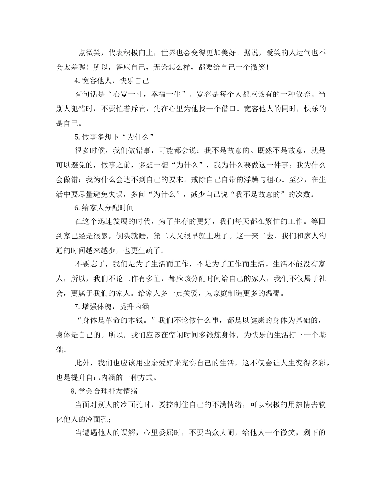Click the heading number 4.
[77, 81]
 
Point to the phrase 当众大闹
[226, 433]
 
